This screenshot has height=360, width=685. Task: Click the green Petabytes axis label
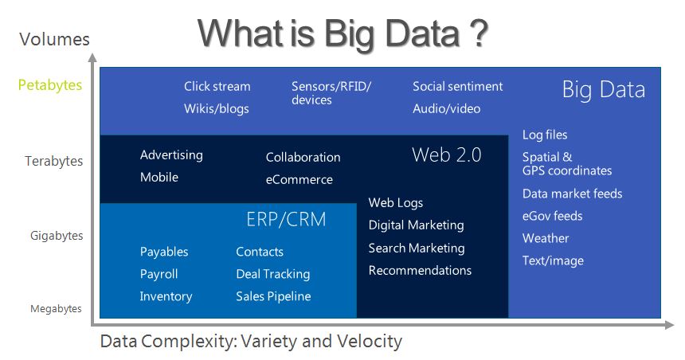[50, 85]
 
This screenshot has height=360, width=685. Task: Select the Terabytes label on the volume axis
[53, 161]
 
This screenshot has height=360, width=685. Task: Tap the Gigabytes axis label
[57, 236]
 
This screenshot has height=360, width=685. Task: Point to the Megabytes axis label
[56, 309]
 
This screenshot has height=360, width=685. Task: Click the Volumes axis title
[55, 39]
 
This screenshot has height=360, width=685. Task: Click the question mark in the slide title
[479, 33]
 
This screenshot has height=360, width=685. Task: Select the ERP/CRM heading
[286, 219]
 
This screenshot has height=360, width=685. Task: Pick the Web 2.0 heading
[447, 155]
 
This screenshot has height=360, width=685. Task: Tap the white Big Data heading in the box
[603, 90]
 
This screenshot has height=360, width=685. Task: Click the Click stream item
[217, 87]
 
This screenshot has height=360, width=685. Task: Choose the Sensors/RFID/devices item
[331, 93]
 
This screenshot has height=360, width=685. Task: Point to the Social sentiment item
[458, 87]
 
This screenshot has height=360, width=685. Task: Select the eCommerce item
[299, 179]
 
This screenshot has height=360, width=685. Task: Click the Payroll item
[159, 274]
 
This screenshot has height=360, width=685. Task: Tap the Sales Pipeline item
[273, 296]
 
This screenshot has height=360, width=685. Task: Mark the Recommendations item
[420, 271]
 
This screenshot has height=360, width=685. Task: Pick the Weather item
[546, 239]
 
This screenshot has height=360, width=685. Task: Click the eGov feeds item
[553, 217]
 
